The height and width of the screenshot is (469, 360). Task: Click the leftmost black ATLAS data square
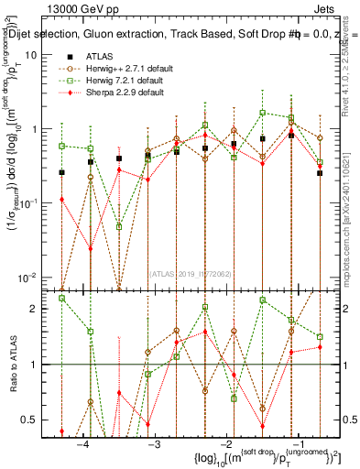(x=62, y=172)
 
